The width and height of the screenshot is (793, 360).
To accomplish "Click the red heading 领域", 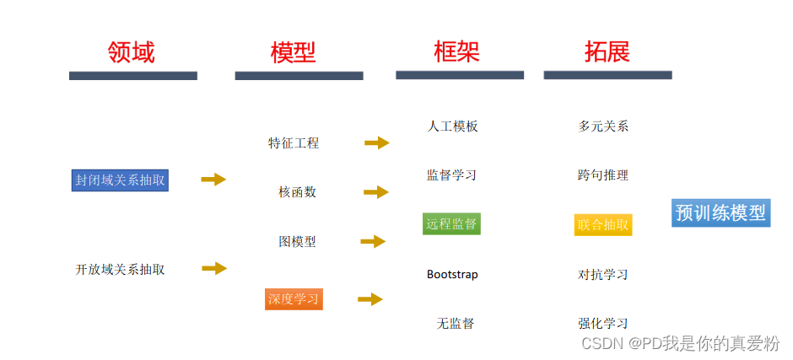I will pyautogui.click(x=132, y=53).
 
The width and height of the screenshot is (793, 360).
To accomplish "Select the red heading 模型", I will pyautogui.click(x=293, y=53).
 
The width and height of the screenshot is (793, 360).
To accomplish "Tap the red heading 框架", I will pyautogui.click(x=456, y=51).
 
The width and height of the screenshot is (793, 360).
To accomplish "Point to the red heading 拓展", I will pyautogui.click(x=607, y=51).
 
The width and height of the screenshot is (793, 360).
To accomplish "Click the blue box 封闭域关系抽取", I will pyautogui.click(x=120, y=180).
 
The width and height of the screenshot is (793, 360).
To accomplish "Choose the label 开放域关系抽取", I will pyautogui.click(x=120, y=270).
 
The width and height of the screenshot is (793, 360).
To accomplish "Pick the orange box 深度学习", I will pyautogui.click(x=294, y=298).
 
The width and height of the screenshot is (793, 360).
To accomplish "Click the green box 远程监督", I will pyautogui.click(x=451, y=223).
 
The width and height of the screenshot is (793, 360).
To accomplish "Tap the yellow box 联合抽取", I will pyautogui.click(x=603, y=224).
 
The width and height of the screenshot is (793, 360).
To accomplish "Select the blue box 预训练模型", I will pyautogui.click(x=720, y=212).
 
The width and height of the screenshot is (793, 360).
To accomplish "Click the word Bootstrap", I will pyautogui.click(x=452, y=274).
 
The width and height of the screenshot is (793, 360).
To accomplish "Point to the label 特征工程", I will pyautogui.click(x=294, y=143).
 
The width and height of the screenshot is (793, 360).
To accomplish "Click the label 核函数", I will pyautogui.click(x=297, y=192).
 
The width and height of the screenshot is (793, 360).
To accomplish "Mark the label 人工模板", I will pyautogui.click(x=453, y=126).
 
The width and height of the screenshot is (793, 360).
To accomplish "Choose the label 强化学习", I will pyautogui.click(x=603, y=323).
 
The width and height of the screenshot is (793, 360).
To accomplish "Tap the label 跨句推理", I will pyautogui.click(x=603, y=175).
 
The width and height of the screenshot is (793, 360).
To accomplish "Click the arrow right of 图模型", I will pyautogui.click(x=373, y=242).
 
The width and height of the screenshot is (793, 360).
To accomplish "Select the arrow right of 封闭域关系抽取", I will pyautogui.click(x=214, y=179).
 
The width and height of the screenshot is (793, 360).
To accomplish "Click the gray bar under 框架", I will pyautogui.click(x=460, y=75).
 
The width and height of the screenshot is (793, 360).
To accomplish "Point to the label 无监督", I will pyautogui.click(x=456, y=323).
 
